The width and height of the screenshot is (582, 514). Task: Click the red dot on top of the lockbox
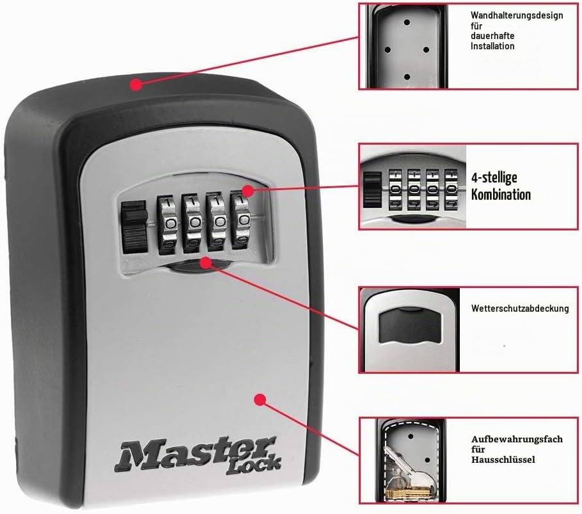click(x=137, y=84)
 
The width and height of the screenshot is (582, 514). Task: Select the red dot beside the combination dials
click(x=248, y=191)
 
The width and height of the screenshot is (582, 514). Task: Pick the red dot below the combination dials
click(x=206, y=263)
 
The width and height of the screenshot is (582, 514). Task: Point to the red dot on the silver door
click(x=260, y=399)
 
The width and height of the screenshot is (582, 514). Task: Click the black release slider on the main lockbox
click(x=134, y=227)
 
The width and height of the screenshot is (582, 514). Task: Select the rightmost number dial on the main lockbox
click(x=242, y=221)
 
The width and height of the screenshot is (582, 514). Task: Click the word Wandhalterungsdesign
click(x=517, y=15)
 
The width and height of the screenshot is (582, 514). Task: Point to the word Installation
click(x=492, y=46)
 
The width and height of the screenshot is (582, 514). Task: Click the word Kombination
click(x=501, y=195)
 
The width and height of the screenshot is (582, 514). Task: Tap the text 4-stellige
click(x=494, y=177)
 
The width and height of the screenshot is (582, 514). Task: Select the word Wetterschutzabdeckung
click(x=520, y=309)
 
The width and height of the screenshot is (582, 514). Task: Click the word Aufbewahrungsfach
click(x=517, y=439)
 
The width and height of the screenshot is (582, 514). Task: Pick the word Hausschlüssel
click(x=503, y=460)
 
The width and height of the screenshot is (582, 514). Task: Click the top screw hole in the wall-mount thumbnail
click(x=407, y=22)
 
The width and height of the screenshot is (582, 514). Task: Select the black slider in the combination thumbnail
click(x=372, y=189)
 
